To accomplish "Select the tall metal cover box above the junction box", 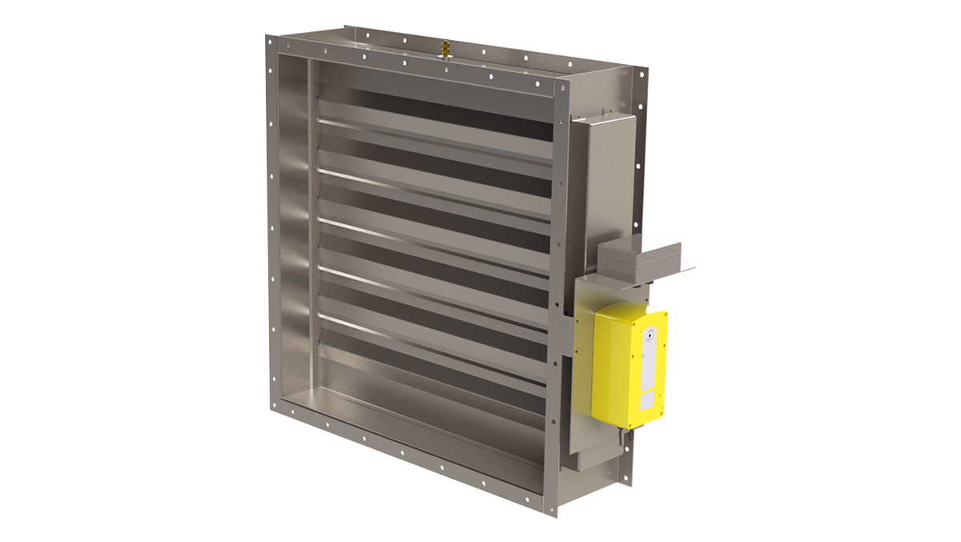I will coord(602,176).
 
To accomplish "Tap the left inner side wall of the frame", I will coord(292,224).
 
